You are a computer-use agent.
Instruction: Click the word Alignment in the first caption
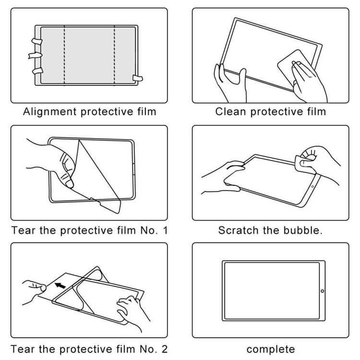click(x=49, y=112)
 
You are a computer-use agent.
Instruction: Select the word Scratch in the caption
click(x=238, y=230)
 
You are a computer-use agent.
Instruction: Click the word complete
click(x=271, y=349)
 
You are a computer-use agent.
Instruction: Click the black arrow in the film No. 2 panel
click(x=60, y=286)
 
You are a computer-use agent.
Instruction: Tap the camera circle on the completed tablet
click(x=323, y=291)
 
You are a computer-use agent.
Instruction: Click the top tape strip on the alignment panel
click(x=37, y=42)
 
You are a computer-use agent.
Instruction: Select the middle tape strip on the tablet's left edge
click(x=35, y=55)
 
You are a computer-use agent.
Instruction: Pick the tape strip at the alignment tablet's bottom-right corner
click(x=138, y=78)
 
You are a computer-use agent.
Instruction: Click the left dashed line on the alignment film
click(x=64, y=55)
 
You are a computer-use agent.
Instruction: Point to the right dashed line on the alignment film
click(x=114, y=55)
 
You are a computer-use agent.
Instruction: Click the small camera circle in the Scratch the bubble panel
click(x=312, y=186)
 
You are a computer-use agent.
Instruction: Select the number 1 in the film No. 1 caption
click(x=165, y=230)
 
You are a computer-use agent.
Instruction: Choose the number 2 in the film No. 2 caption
click(x=165, y=349)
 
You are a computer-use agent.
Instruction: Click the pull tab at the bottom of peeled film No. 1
click(x=109, y=206)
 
